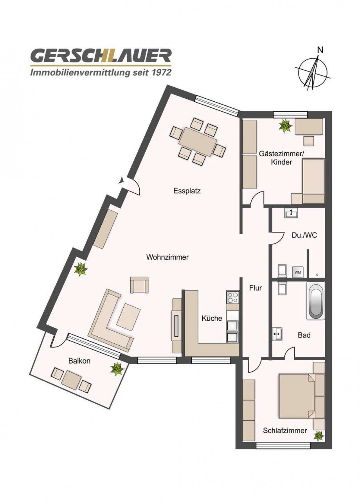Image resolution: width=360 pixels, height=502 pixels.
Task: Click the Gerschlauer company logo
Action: coord(101,61)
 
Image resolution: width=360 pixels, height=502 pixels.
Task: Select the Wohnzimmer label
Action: coord(167,257)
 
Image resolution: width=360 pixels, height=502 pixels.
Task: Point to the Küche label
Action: coord(212,318)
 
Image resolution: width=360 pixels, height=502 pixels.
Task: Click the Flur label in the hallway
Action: coord(255,288)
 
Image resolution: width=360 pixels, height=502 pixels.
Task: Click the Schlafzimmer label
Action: coord(284,431)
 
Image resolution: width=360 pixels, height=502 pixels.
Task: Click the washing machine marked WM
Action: coord(297,272)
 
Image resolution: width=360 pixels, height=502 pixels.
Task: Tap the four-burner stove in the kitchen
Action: coord(232,297)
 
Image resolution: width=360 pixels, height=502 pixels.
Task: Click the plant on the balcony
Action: coord(117,368)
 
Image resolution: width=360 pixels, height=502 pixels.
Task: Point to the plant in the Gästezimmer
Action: coord(285,126)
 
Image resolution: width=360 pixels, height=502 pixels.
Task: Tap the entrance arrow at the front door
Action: coord(122,181)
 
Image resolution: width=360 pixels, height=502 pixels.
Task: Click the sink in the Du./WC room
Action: coord(291,213)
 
